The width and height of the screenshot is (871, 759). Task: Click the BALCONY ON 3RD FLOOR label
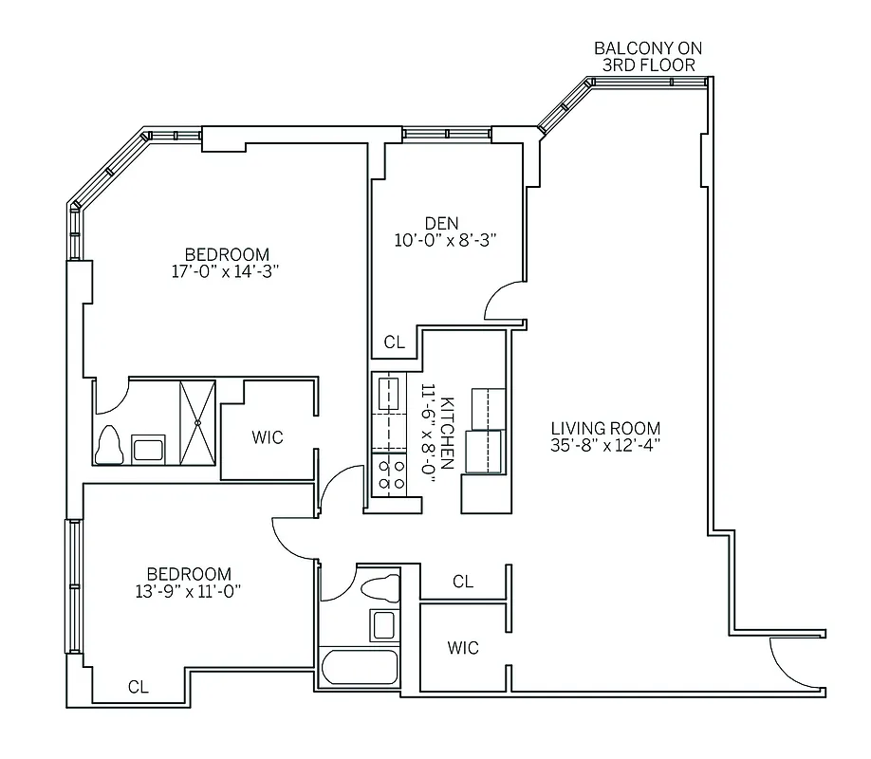648,56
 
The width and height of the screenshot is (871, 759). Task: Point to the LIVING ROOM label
605,428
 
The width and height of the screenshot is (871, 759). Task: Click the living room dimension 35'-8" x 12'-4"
605,446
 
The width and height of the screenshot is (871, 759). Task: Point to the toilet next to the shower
110,444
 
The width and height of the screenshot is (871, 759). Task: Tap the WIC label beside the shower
268,437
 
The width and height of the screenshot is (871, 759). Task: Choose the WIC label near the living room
463,649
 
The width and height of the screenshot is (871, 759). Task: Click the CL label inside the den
395,342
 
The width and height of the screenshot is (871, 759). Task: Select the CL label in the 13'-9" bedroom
138,687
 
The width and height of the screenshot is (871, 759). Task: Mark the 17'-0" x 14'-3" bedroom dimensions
227,271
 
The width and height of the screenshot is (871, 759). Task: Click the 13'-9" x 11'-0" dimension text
188,591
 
